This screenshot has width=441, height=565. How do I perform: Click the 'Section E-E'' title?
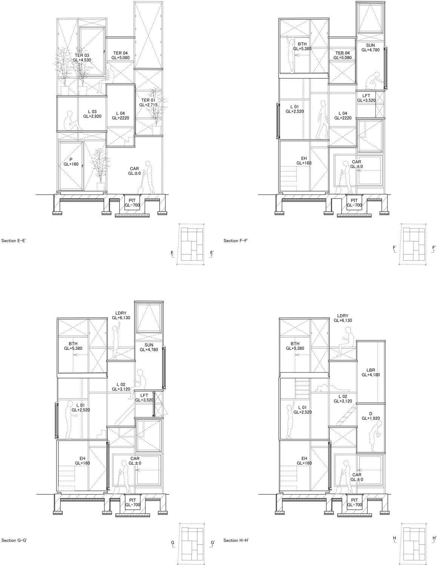[x=14, y=241]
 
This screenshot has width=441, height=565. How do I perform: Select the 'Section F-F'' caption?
[x=236, y=241]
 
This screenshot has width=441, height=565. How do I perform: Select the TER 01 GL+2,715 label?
[x=148, y=103]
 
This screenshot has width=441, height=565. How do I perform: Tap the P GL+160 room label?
[x=71, y=162]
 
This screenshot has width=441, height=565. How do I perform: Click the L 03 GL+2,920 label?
[x=92, y=114]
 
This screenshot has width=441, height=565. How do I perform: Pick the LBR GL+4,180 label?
[x=371, y=372]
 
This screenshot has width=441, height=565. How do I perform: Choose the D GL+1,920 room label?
[x=371, y=416]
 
